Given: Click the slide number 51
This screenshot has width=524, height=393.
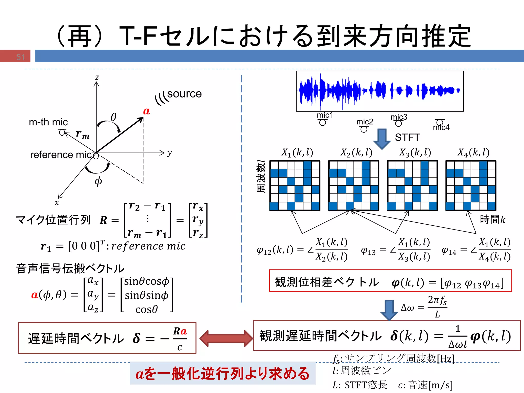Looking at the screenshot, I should tap(20, 57).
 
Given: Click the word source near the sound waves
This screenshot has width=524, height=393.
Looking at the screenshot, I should tap(184, 94).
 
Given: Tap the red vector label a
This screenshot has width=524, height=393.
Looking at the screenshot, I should tap(146, 111).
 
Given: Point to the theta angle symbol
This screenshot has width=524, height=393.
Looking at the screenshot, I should tap(113, 117).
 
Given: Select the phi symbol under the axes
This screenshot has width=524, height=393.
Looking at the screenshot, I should tap(98, 181).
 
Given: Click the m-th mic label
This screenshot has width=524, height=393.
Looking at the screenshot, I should tap(48, 122).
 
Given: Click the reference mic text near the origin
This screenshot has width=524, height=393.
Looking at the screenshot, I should tap(61, 155).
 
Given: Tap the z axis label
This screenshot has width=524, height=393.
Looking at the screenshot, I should tap(97, 77).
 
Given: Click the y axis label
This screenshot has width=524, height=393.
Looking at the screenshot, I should tap(169, 153).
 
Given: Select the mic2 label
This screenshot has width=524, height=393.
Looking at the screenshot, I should tap(365, 122).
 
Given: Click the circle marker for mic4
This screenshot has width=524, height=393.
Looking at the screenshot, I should tap(440, 122).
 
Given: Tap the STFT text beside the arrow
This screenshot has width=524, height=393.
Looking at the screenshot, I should tap(407, 137).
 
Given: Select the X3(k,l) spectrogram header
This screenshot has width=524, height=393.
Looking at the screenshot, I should tap(415, 152).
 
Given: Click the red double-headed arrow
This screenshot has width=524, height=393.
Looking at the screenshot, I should tap(226, 338).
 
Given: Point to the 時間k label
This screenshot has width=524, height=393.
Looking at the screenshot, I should tap(493, 219).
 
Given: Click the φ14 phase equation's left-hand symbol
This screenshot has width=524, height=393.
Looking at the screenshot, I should tap(449, 250).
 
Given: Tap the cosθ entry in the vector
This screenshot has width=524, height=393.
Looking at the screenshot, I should tap(147, 309).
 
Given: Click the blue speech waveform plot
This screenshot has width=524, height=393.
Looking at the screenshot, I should tap(380, 91).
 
